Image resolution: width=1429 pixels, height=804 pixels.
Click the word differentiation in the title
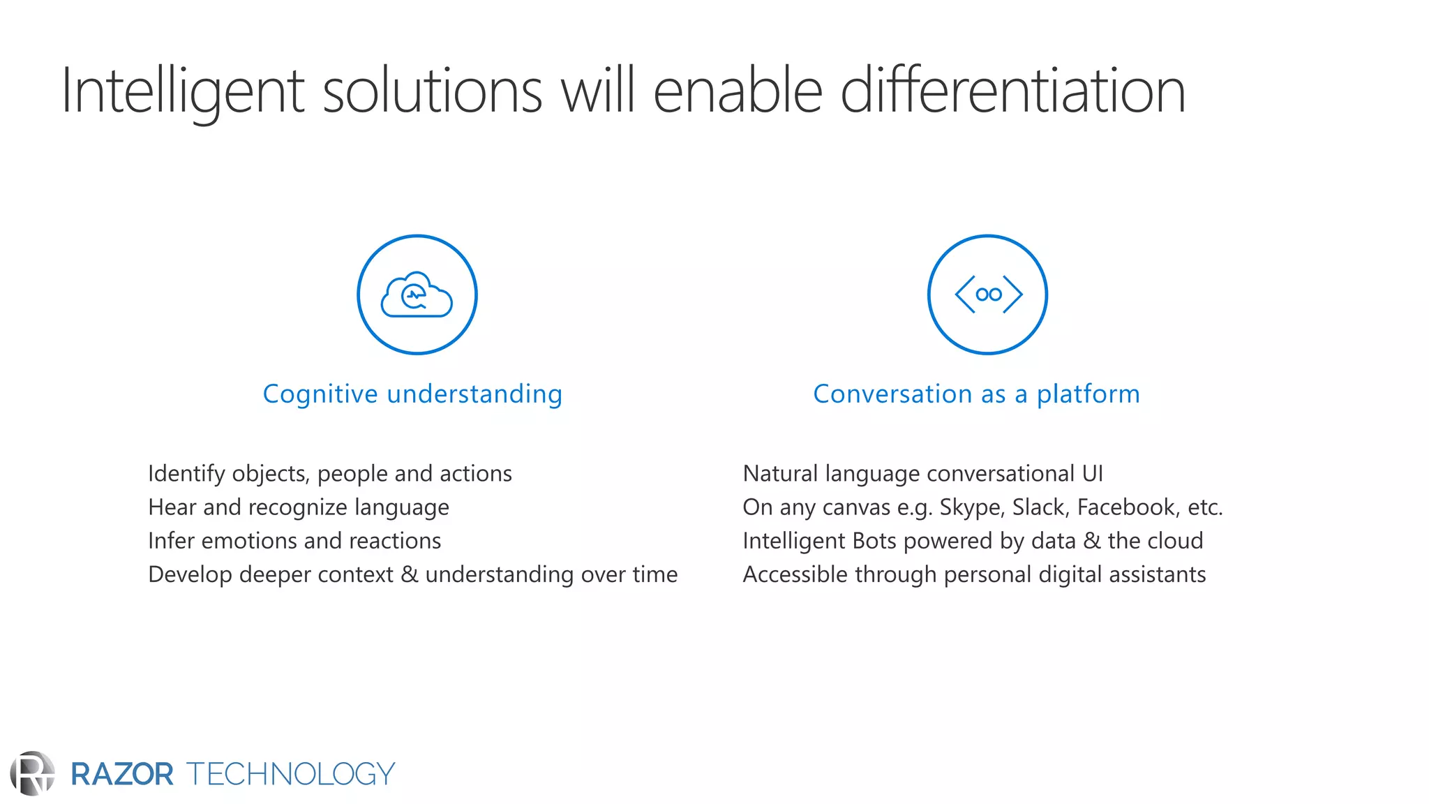pos(1012,91)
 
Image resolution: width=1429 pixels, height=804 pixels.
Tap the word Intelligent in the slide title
pos(183,91)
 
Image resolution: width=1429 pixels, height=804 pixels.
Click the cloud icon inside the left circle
pos(417,295)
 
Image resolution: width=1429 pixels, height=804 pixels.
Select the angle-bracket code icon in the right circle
pos(988,295)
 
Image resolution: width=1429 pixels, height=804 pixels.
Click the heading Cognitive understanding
pos(412,394)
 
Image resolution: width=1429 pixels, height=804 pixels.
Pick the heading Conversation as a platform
pos(976,394)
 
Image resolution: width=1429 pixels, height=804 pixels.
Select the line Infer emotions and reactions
pos(294,541)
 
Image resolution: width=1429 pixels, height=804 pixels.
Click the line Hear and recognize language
pos(299,507)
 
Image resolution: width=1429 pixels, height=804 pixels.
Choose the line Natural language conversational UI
pos(922,474)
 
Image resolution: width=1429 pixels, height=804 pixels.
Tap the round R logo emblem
pos(32,773)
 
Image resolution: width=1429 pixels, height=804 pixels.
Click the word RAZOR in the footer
pos(122,775)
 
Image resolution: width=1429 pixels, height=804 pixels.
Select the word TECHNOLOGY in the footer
pos(290,775)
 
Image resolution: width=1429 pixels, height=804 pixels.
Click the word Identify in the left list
pos(186,474)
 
